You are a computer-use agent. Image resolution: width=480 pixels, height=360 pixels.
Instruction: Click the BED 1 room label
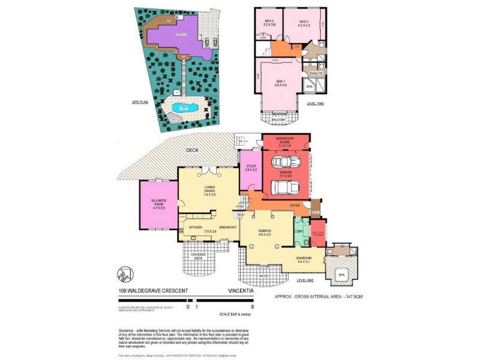tap(280, 82)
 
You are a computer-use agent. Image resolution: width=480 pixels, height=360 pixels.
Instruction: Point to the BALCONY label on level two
tap(278, 120)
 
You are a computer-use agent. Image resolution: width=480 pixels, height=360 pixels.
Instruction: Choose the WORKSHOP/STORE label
tap(286, 142)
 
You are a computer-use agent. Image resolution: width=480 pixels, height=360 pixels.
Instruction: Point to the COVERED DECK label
tap(198, 256)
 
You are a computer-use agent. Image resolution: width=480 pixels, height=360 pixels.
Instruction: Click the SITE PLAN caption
tap(140, 103)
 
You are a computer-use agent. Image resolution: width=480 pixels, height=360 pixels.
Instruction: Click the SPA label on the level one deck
tap(341, 275)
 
